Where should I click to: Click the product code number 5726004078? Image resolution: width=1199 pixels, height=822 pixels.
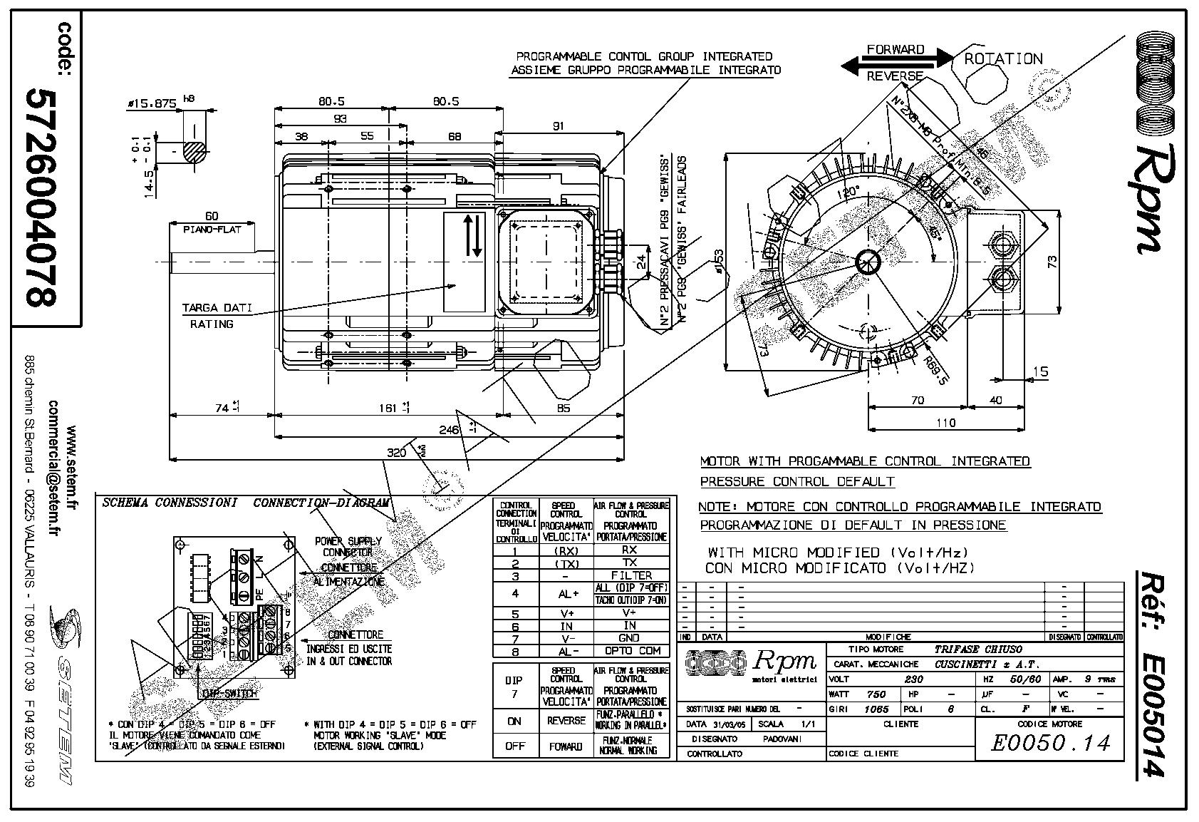coord(41,197)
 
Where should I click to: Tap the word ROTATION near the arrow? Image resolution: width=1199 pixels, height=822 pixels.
coord(1003,59)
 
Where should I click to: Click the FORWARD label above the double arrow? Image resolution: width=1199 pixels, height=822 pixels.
coord(896,50)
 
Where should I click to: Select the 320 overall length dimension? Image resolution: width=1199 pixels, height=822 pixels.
coord(396,453)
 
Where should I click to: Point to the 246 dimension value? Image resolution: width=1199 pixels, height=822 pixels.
coord(448,429)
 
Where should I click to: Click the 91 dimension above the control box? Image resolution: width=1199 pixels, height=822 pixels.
coord(558,126)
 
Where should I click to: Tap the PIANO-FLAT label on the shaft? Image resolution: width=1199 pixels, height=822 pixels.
coord(212,230)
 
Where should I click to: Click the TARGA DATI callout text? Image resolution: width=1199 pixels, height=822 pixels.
coord(217,309)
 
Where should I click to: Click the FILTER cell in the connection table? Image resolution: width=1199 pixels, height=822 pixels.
coord(631,575)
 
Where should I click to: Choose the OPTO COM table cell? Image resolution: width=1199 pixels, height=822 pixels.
coord(631,651)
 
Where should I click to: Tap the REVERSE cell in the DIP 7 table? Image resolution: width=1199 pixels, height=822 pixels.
coord(566,721)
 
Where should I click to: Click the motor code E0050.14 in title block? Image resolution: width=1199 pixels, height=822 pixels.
coord(1050,744)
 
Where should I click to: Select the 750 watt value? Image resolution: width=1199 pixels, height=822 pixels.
coord(876,694)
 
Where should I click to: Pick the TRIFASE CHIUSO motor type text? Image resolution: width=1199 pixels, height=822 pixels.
coord(977,649)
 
